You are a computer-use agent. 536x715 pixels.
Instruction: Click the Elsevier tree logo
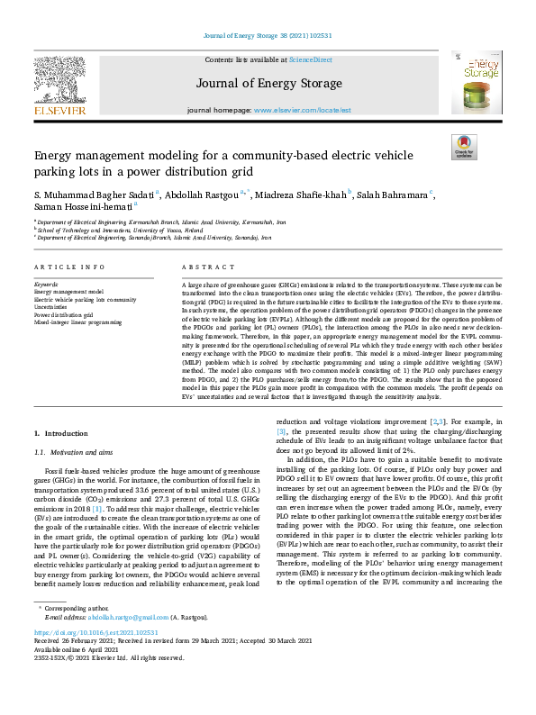click(60, 81)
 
